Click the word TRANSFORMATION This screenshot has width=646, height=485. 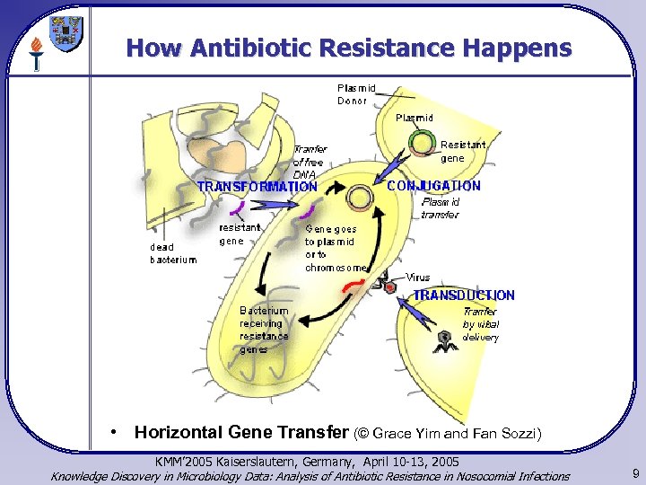pos(257,187)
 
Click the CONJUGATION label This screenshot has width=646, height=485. pos(433,186)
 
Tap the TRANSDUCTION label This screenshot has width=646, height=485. pos(464,295)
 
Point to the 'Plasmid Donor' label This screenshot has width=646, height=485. pos(356,94)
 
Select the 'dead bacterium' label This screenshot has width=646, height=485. pos(173,253)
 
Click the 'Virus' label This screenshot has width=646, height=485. pos(418,277)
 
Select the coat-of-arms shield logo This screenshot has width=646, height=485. pos(67,33)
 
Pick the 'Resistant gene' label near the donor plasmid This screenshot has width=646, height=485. pos(462,151)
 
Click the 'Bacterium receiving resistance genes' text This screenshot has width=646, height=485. pos(264,330)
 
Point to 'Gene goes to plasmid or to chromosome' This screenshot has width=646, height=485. pos(336,247)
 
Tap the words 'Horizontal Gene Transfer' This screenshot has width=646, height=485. pos(242,432)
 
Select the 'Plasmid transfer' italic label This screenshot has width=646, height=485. pos(441,207)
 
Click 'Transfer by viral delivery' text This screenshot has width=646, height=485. pos(480,324)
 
